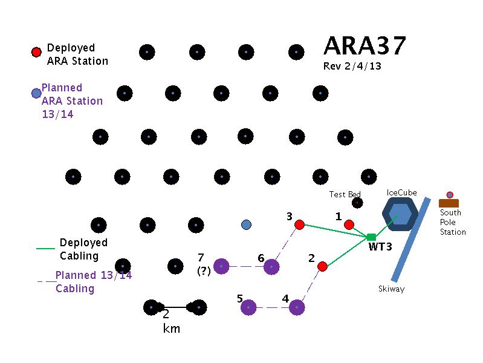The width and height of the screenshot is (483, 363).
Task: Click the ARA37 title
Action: pyautogui.click(x=365, y=46)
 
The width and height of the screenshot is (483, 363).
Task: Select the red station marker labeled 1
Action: pyautogui.click(x=349, y=225)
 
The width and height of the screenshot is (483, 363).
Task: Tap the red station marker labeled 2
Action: pyautogui.click(x=323, y=266)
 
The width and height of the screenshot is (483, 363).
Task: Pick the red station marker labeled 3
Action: pyautogui.click(x=299, y=225)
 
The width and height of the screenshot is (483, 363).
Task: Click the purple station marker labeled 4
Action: pyautogui.click(x=297, y=307)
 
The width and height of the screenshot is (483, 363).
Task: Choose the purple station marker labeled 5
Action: pyautogui.click(x=248, y=307)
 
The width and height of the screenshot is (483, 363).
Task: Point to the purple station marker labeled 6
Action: pyautogui.click(x=272, y=266)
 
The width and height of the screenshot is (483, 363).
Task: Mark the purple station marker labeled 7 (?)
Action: pyautogui.click(x=221, y=266)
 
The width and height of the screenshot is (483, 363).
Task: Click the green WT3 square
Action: pyautogui.click(x=371, y=237)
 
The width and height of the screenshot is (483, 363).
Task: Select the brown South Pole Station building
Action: pyautogui.click(x=449, y=203)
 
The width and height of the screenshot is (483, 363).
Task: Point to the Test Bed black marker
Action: pyautogui.click(x=357, y=203)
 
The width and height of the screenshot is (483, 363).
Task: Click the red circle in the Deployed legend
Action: pyautogui.click(x=36, y=53)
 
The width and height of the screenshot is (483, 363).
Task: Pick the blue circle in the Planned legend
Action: pyautogui.click(x=36, y=93)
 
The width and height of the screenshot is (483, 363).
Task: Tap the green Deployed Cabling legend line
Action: pyautogui.click(x=46, y=248)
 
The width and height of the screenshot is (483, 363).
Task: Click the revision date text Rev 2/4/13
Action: pyautogui.click(x=352, y=67)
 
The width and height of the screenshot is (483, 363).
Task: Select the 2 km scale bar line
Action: pyautogui.click(x=175, y=307)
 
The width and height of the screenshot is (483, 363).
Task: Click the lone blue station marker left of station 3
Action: pyautogui.click(x=246, y=225)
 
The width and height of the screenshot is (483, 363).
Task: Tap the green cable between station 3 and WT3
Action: pyautogui.click(x=336, y=231)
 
